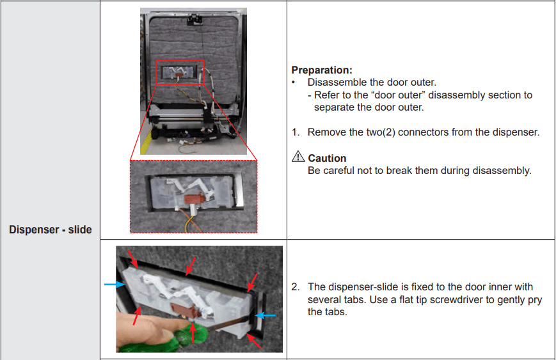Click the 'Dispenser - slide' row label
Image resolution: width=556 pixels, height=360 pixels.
coord(51,230)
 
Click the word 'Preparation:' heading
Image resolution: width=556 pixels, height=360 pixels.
coord(322,70)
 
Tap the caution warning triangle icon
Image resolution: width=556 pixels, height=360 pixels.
coord(298,156)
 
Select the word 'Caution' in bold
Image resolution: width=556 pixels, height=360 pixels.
coord(327,158)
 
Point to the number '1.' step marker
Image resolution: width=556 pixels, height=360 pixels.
coord(296,132)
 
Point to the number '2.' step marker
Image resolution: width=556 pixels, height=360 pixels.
coord(296,286)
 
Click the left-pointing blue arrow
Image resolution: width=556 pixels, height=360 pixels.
coord(266,315)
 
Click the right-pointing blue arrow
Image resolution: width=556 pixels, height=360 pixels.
coord(115,284)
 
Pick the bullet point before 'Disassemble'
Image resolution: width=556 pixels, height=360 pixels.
coord(294,82)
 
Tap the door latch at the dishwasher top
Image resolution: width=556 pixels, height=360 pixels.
coord(195,19)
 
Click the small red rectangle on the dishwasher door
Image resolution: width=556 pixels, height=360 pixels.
coord(180,73)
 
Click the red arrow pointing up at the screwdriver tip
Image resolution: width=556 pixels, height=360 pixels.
coord(193,333)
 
